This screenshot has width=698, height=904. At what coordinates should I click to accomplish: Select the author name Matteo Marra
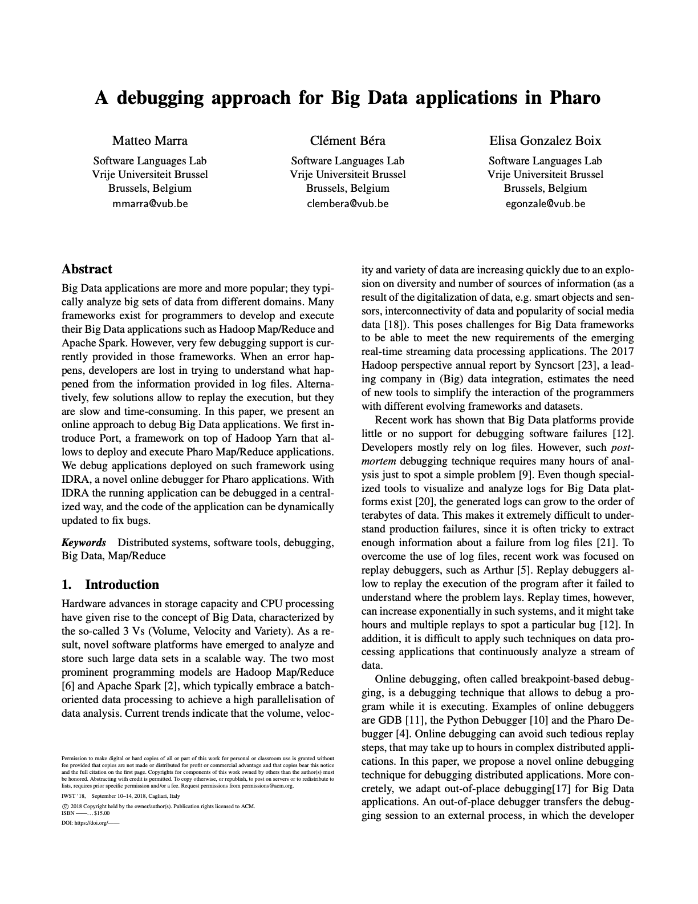click(149, 140)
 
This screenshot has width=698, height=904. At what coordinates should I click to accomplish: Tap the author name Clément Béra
click(347, 140)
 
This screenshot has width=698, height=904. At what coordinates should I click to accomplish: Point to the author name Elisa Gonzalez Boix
click(545, 140)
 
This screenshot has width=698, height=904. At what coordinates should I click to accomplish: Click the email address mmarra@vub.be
click(150, 203)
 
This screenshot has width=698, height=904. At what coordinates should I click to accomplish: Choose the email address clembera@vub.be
click(347, 203)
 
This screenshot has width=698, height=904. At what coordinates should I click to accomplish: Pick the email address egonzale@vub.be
click(545, 203)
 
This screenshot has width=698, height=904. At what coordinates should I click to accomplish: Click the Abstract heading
click(87, 269)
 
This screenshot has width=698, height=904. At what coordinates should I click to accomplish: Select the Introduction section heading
click(121, 584)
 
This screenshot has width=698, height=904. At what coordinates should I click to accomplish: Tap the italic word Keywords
click(83, 542)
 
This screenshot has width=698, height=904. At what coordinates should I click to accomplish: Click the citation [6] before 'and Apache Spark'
click(68, 686)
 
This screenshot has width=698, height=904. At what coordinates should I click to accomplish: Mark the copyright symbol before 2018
click(64, 806)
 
